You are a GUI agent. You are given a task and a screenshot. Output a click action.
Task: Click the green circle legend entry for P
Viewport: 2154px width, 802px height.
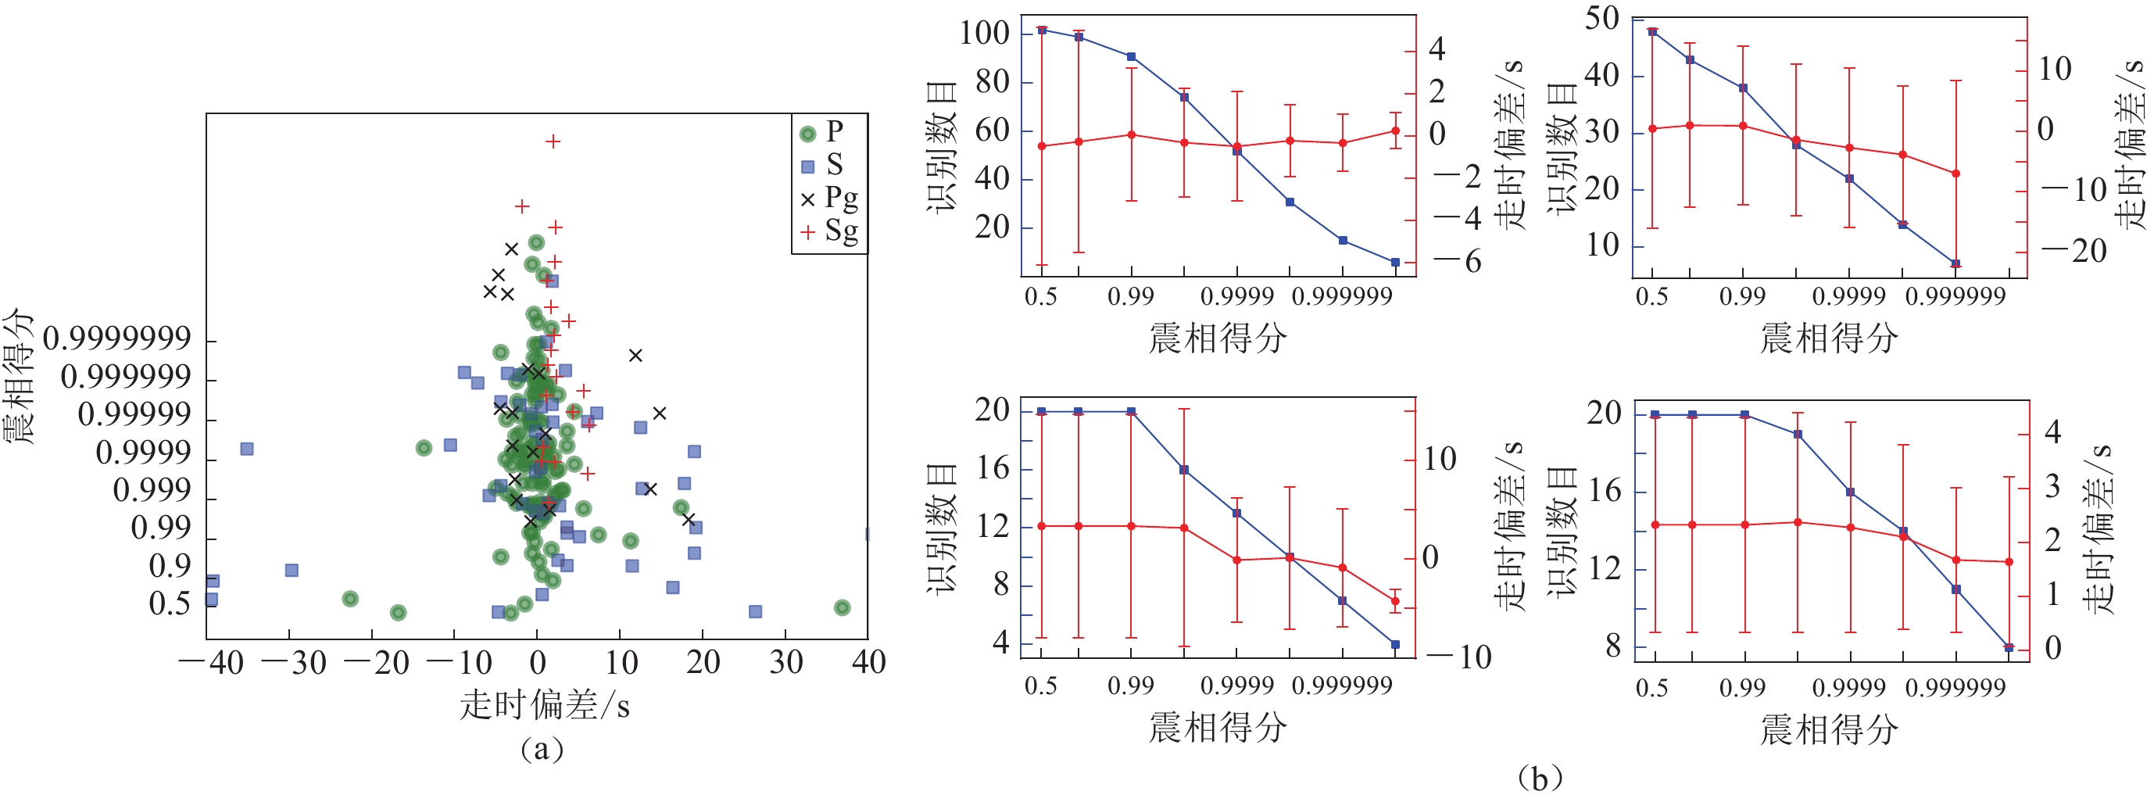808,134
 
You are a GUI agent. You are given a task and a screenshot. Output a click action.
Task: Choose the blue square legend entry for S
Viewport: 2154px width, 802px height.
808,166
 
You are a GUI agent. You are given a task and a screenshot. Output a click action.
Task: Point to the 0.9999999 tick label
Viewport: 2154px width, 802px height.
117,338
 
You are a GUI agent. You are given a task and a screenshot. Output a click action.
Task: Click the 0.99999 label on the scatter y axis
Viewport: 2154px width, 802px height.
134,415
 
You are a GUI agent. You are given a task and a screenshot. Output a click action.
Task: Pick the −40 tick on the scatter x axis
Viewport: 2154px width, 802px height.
212,663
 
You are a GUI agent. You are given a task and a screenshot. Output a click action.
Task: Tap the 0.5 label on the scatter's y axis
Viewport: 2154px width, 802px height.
170,603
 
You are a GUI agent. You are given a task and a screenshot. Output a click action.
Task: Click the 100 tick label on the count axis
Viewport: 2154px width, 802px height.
984,34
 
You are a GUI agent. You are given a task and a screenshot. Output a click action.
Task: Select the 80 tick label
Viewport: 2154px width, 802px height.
992,82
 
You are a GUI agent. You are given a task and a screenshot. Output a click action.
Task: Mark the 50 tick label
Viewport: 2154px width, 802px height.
1601,19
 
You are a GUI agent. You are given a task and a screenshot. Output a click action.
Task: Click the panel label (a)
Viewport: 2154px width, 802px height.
541,749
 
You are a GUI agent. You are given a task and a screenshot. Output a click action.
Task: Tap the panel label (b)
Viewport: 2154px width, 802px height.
1539,779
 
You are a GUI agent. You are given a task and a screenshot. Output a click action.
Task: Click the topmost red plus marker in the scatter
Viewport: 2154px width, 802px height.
553,141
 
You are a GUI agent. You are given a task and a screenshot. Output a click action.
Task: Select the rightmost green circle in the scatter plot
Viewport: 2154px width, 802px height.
842,608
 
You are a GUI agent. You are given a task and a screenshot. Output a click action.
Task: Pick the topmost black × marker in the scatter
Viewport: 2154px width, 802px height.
511,249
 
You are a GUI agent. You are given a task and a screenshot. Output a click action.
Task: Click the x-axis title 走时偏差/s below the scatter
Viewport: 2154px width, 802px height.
543,706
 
